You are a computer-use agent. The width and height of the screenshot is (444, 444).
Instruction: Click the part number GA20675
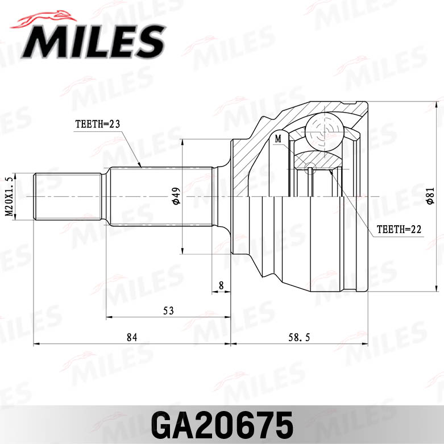[221, 424]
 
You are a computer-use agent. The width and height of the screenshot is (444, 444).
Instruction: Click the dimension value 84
[132, 337]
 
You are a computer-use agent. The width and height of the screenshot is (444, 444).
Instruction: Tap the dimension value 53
[168, 310]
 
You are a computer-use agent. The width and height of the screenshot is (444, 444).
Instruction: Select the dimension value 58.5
[299, 337]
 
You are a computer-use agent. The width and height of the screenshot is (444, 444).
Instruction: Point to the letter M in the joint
[278, 138]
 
